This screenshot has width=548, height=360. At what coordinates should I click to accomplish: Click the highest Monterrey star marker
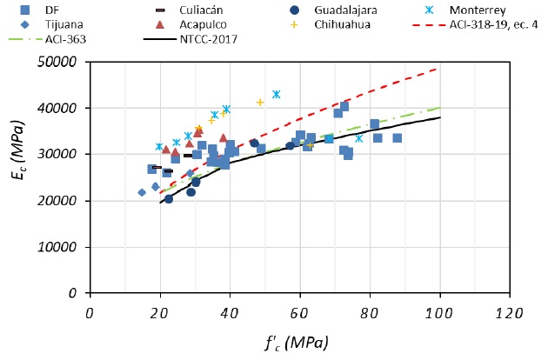277,94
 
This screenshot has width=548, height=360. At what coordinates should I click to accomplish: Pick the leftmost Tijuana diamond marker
142,192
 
